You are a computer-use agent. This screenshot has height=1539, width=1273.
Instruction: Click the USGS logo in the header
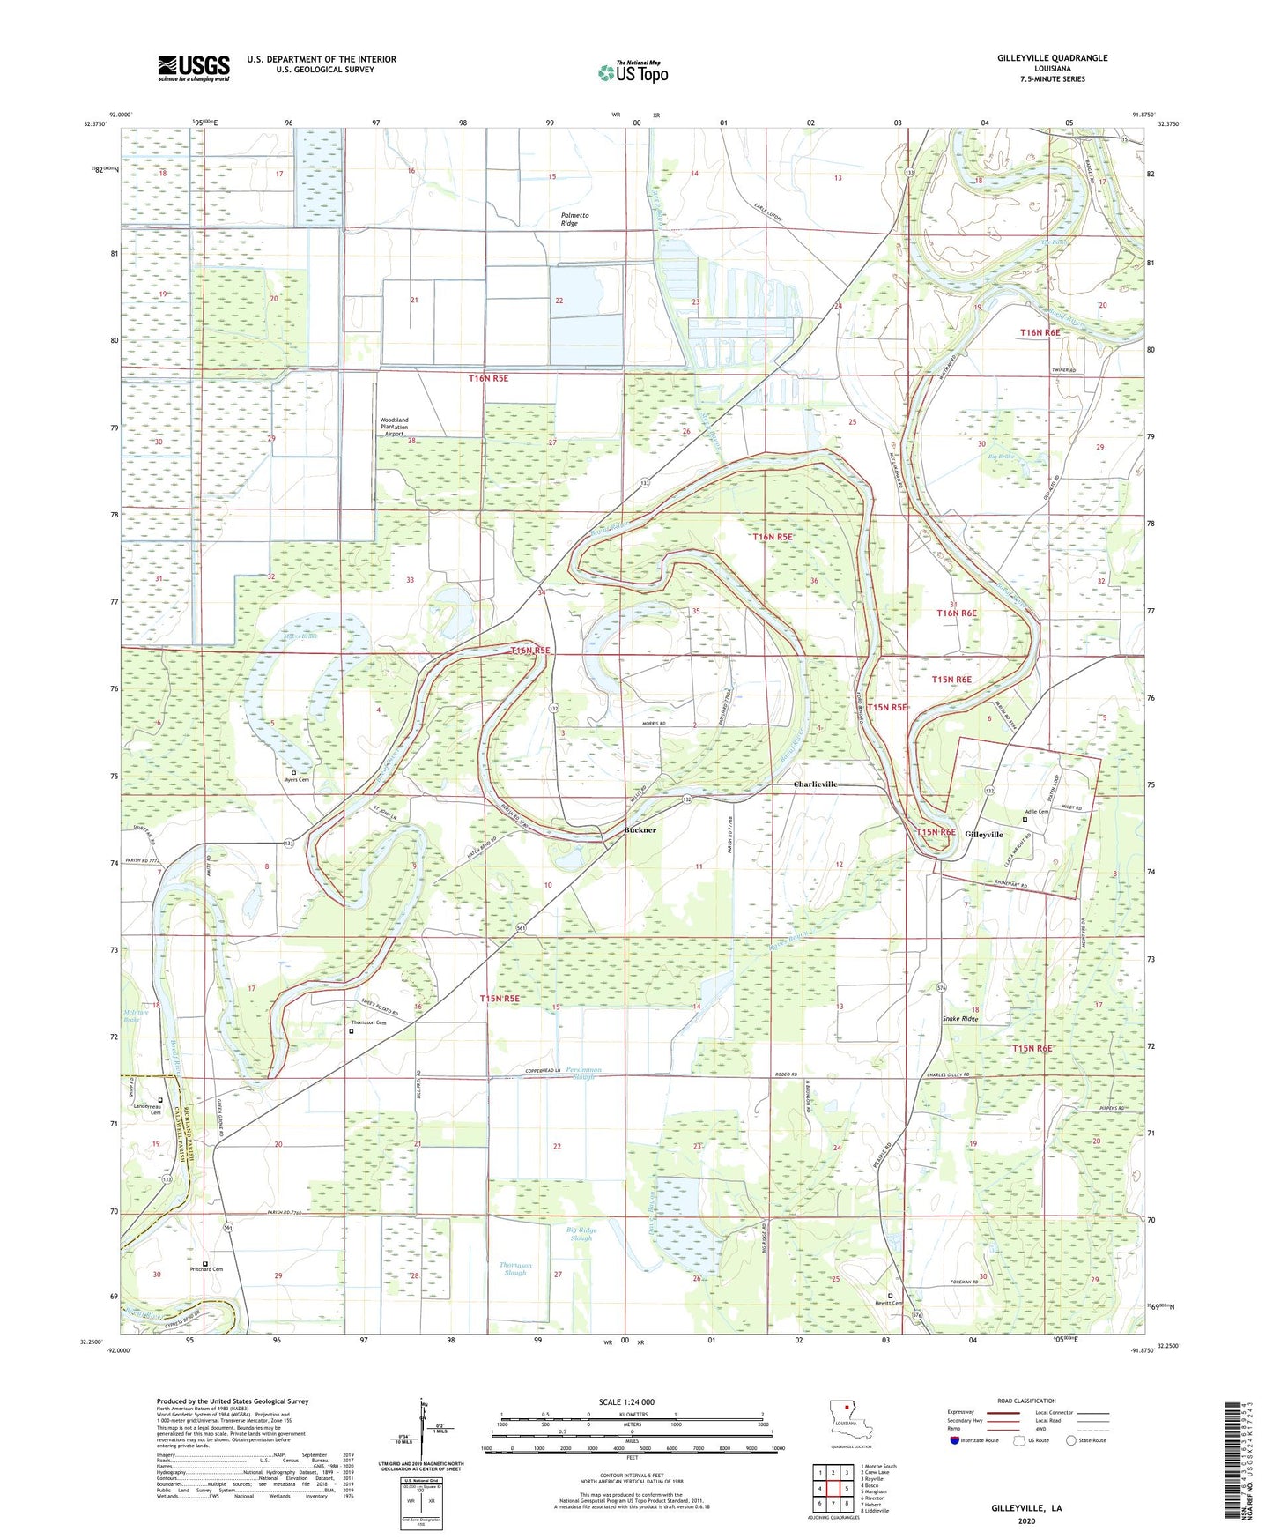[194, 68]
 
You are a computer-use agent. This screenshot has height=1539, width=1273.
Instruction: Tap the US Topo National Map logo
[633, 72]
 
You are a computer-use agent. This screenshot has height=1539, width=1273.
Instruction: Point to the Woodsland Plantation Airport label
[394, 427]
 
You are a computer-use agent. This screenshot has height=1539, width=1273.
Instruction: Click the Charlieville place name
[815, 784]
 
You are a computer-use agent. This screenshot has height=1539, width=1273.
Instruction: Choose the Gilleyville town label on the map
[983, 834]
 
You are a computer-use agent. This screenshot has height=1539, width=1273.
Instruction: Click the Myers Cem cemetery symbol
[294, 773]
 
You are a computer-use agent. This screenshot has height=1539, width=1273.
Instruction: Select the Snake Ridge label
[960, 1019]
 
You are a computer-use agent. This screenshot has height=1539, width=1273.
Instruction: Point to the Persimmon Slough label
[584, 1073]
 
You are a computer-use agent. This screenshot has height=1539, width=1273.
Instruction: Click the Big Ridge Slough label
[581, 1233]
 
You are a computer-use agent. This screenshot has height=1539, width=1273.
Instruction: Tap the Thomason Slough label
[515, 1268]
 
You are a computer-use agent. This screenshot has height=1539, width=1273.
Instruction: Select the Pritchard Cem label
[206, 1269]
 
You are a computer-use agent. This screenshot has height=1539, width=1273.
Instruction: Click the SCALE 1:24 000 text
[626, 1401]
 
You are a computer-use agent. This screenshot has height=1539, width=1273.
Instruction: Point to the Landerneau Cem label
[147, 1109]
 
